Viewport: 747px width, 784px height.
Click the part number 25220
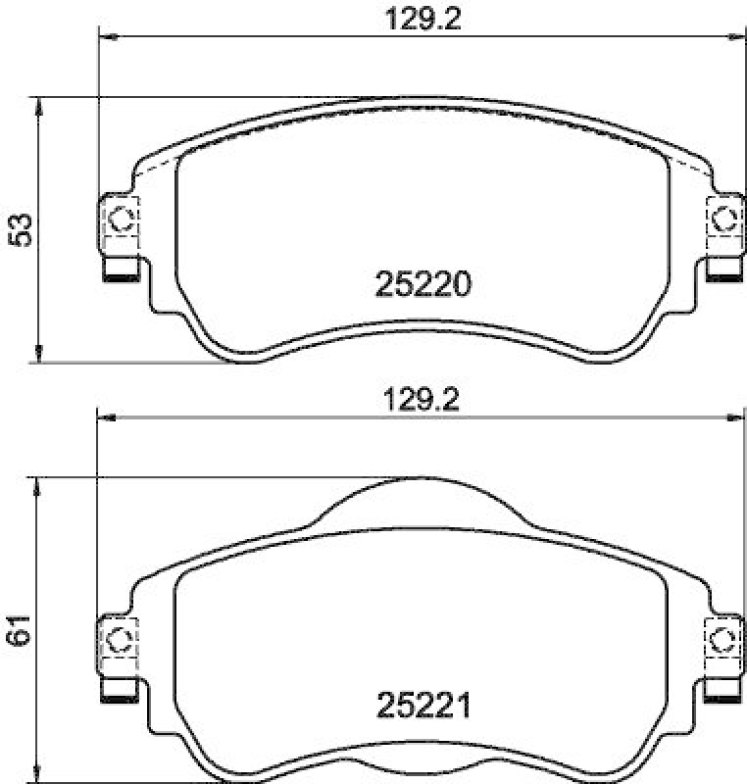click(423, 284)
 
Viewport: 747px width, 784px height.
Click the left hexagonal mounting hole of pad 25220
click(121, 220)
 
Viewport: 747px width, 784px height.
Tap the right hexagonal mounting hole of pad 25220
click(724, 220)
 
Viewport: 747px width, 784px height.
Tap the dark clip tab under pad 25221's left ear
click(121, 697)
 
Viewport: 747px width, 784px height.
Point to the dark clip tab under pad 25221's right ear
click(724, 697)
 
